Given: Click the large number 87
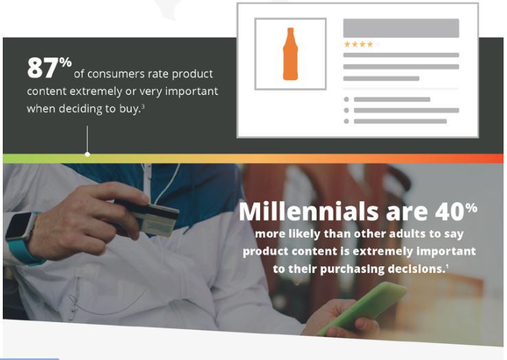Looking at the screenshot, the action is pos(43,68).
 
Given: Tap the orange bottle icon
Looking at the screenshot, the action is pos(290,54).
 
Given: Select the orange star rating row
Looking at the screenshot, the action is pos(359,45).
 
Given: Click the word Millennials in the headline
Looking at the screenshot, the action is pos(309,212).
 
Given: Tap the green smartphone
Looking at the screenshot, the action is pos(362,309).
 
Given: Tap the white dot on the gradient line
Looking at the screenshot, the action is pos(87,154).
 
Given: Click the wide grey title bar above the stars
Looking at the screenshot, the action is pos(401,28).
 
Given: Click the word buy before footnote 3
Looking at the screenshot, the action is pos(130,109).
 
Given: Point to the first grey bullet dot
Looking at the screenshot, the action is pos(346,99).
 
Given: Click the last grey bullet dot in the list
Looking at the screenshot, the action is pos(346,121).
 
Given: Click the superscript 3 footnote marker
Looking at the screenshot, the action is pos(143,106).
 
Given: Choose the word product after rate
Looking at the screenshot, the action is pos(192,74).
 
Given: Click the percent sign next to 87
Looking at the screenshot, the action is pos(65,62).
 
